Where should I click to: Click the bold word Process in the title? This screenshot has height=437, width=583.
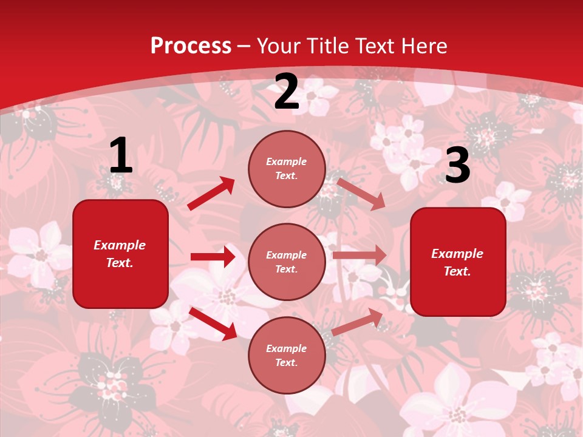(x=191, y=46)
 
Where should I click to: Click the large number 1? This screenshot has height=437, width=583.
(x=121, y=156)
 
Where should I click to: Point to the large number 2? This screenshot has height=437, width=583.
(x=287, y=92)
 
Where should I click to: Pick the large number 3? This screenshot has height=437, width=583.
(x=457, y=166)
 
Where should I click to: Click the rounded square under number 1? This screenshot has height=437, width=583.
(x=120, y=254)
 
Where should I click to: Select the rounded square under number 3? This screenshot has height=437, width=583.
(x=458, y=262)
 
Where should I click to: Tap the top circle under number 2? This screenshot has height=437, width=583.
(x=287, y=169)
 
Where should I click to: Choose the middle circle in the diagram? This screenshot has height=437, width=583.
(x=287, y=262)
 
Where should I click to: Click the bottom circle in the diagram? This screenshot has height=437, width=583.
(x=287, y=355)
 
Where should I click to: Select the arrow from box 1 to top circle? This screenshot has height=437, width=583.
(x=211, y=194)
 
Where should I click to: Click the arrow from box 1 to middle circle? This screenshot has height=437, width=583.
(x=213, y=257)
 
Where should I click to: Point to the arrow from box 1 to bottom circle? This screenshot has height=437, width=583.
(x=213, y=324)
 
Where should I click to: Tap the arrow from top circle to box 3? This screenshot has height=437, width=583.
(x=361, y=194)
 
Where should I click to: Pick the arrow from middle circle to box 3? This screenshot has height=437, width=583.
(x=360, y=256)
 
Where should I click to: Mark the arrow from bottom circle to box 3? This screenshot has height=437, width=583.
(x=357, y=322)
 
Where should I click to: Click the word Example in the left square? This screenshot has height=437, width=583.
(x=120, y=245)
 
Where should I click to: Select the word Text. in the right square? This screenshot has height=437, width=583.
(x=457, y=271)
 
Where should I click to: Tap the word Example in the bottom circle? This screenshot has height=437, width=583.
(x=287, y=348)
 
